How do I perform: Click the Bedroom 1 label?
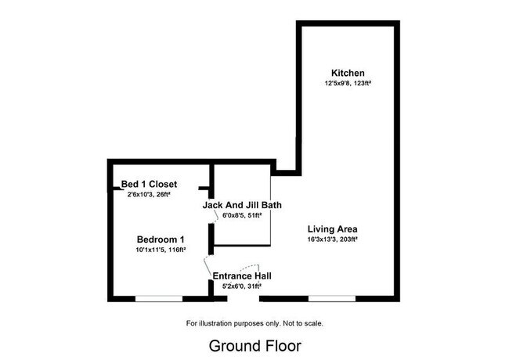(161, 239)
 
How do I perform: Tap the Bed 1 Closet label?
(154, 185)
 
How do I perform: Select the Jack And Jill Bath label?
(242, 205)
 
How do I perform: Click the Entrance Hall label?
(243, 276)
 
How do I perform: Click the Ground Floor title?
(254, 344)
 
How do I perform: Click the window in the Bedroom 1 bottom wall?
(159, 297)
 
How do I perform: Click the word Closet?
(171, 185)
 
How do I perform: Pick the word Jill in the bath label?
(252, 205)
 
